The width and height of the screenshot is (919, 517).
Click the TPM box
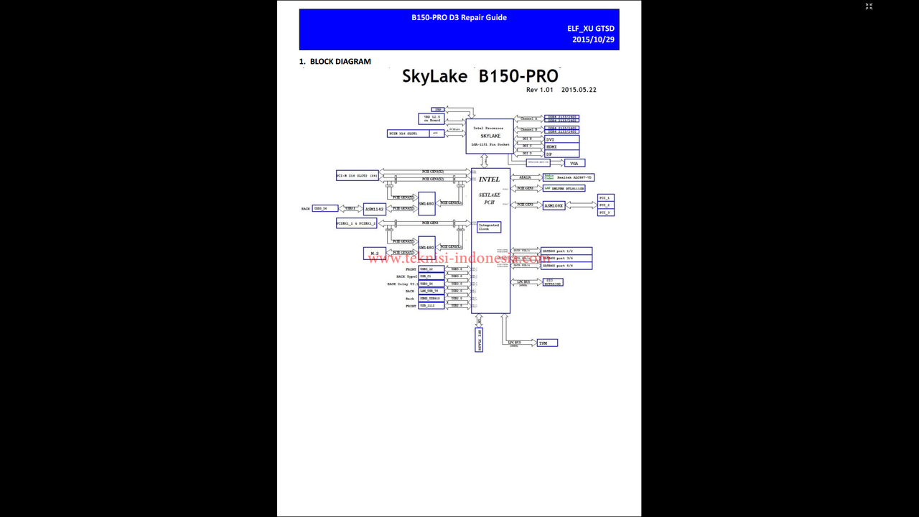[547, 343]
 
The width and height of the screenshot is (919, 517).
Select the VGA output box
[574, 163]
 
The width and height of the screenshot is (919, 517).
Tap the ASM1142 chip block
[375, 209]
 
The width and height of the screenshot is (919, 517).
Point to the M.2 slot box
[375, 253]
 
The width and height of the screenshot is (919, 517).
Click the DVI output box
[561, 139]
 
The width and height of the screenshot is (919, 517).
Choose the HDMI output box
[561, 146]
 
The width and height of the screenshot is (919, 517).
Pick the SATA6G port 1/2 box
[566, 251]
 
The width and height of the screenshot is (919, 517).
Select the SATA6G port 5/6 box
[566, 266]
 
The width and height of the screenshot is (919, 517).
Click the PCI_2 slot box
[605, 205]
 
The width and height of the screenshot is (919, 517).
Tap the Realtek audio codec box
[569, 177]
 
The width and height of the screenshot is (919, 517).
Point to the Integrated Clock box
[489, 227]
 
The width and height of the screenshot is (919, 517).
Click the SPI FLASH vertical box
[479, 340]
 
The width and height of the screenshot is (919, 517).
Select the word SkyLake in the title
[434, 76]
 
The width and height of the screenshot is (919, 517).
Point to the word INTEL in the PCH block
[489, 180]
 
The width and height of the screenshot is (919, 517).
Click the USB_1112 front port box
[431, 306]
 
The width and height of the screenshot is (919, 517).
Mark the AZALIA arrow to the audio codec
[526, 177]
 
